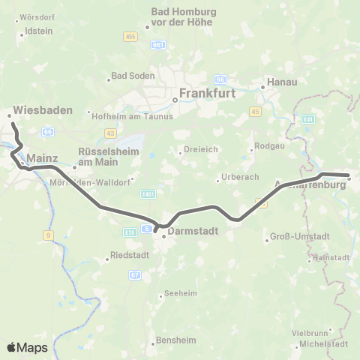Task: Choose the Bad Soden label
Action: pos(133,76)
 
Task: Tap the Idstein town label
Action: pos(38,31)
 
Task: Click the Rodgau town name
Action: pos(269,145)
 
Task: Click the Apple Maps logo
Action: pos(27,347)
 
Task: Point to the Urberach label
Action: pos(236,178)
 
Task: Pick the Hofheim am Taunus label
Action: pos(132,115)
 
